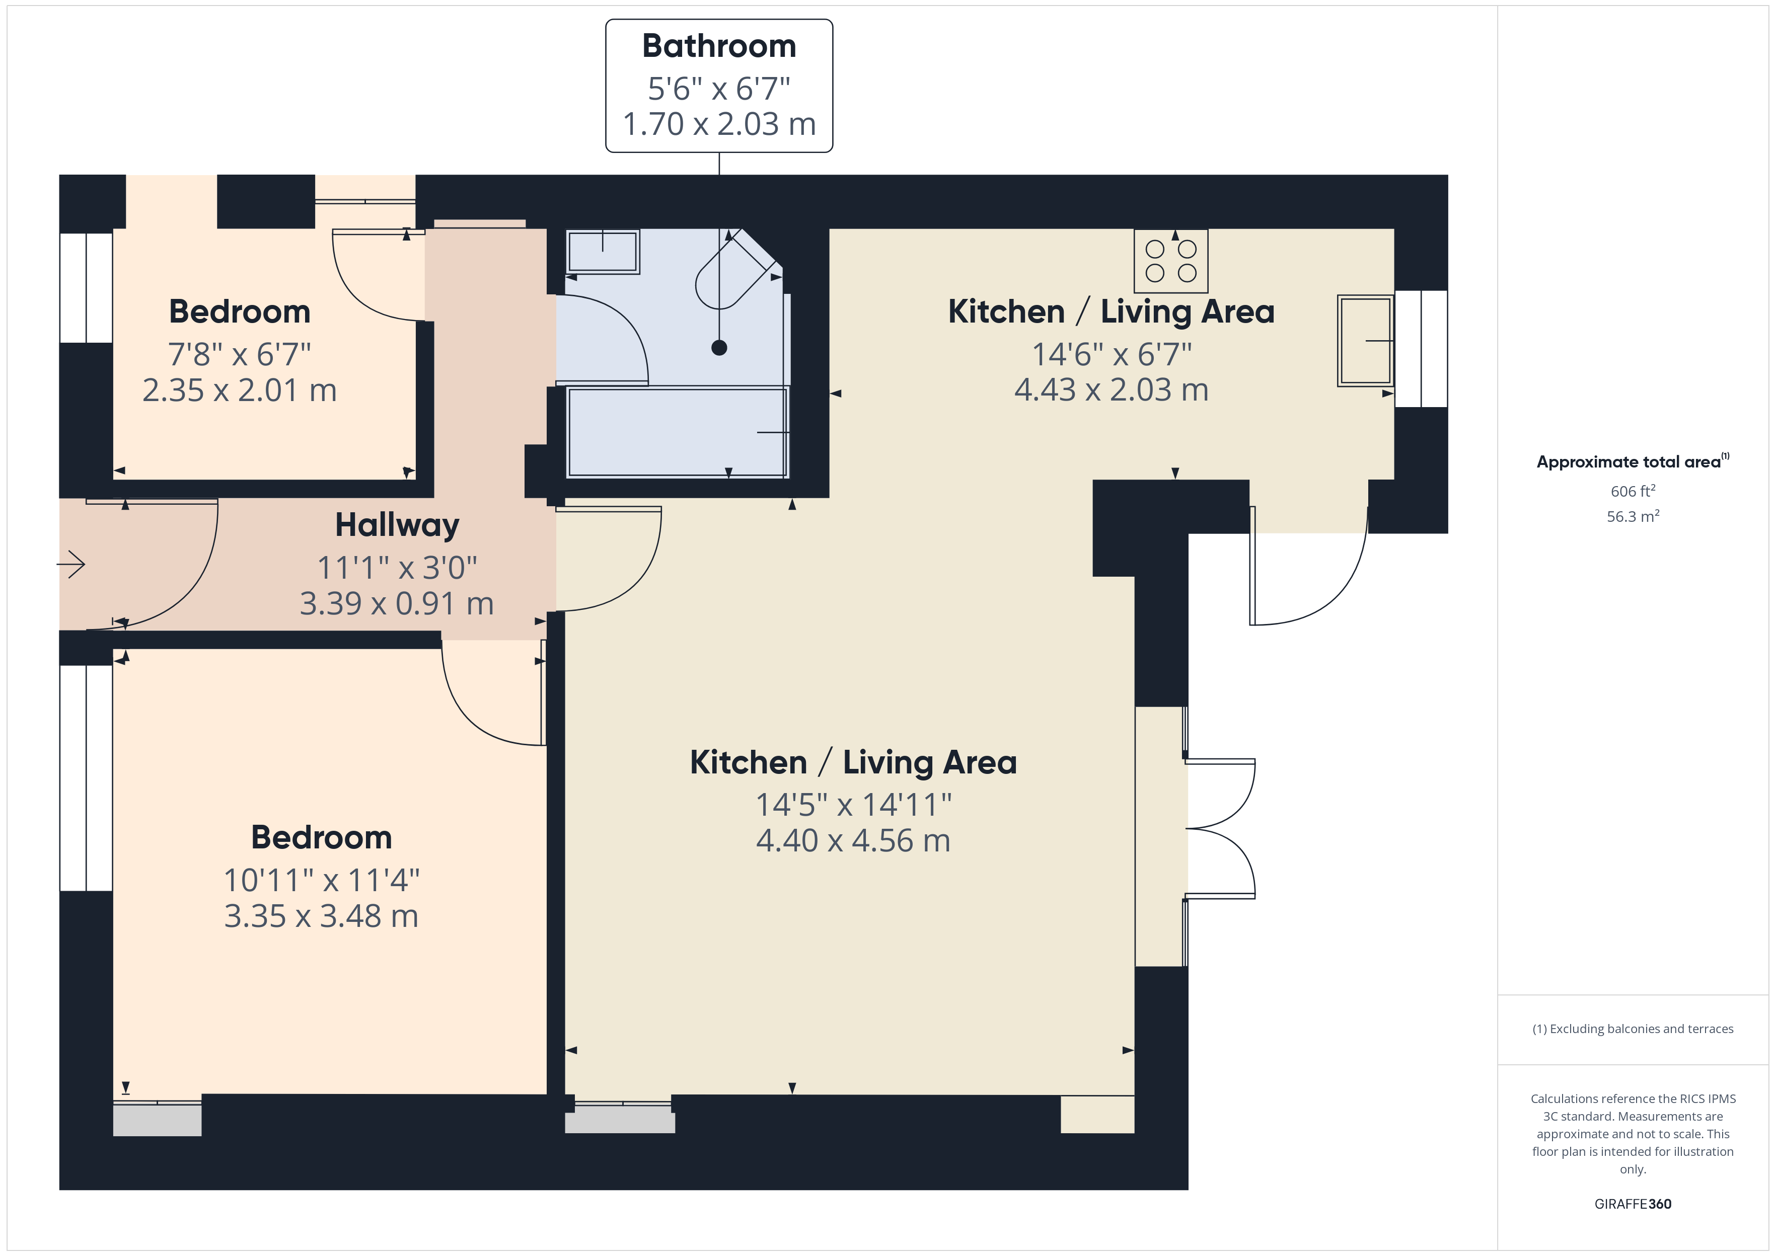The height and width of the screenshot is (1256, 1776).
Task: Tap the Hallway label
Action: coord(397,526)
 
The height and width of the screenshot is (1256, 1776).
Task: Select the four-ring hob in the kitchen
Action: coord(1170,261)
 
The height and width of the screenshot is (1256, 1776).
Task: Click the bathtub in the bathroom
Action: coord(677,432)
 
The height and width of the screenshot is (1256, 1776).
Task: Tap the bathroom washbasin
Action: coord(603,252)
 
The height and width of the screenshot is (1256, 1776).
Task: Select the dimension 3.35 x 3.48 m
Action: coord(321,916)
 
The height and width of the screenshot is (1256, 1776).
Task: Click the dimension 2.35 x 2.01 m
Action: coord(240,390)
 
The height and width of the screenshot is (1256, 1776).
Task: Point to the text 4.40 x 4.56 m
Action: coord(853,841)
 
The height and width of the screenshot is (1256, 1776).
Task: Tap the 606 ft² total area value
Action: coord(1633,491)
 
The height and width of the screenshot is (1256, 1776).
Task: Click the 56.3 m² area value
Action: coord(1633,516)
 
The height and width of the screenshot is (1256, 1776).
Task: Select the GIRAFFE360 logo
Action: coord(1633,1203)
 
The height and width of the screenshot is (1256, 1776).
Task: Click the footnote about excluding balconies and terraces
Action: coord(1633,1029)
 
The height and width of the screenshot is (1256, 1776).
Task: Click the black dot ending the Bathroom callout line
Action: coord(719,348)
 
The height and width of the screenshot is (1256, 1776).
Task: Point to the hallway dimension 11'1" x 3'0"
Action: coord(397,568)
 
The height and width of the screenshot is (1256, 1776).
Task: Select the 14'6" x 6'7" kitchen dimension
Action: coord(1112,354)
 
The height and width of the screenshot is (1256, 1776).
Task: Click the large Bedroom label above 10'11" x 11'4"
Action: coord(321,838)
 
